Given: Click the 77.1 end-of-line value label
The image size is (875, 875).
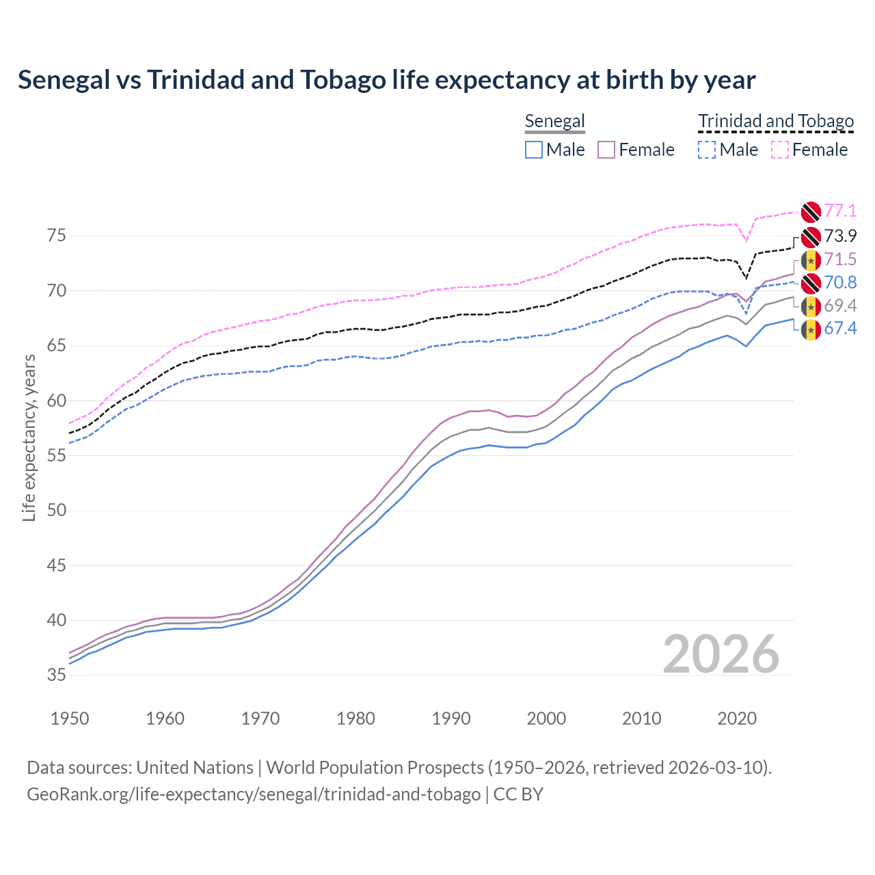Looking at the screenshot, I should tap(840, 211).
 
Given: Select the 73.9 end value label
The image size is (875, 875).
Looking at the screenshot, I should tap(840, 237).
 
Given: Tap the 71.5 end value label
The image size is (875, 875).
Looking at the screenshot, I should tap(840, 260).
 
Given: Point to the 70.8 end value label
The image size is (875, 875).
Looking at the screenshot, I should tap(840, 283).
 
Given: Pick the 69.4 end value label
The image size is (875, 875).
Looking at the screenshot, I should tap(840, 306).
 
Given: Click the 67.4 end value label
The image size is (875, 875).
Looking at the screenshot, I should tap(840, 329).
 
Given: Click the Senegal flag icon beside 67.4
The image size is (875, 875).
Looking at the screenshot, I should tap(811, 329).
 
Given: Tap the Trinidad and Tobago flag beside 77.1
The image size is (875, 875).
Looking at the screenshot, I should tap(811, 212).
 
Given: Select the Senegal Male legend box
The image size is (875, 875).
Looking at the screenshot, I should tap(534, 150).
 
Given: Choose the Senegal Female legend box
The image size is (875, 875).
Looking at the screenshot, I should tap(607, 150).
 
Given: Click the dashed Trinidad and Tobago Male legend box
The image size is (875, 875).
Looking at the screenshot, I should tap(707, 150).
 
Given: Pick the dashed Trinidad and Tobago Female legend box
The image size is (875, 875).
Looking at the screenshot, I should tap(780, 150).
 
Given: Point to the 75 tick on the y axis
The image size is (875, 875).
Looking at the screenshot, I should tap(57, 236).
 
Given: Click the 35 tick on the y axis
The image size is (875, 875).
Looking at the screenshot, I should tap(57, 675).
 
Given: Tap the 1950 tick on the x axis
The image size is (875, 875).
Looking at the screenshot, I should tap(70, 718).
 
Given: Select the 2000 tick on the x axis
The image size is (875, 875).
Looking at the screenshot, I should tap(546, 718).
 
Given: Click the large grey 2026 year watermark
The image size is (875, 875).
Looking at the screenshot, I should tap(721, 654).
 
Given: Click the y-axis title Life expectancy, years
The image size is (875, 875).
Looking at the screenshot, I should tap(29, 437).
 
